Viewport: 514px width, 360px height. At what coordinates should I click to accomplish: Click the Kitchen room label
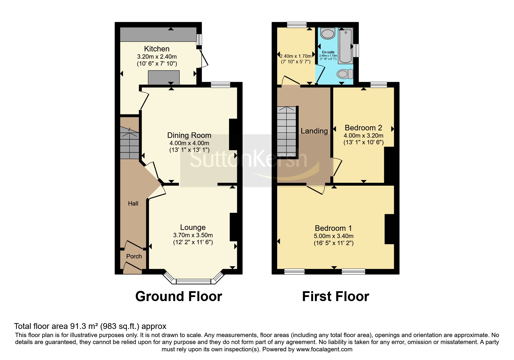[157, 49]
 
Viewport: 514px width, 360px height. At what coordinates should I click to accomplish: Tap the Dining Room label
[189, 135]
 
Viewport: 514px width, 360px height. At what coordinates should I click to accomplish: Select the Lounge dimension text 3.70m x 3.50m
[193, 235]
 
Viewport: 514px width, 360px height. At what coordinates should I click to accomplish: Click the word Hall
[133, 204]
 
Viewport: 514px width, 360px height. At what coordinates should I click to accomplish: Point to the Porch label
[134, 256]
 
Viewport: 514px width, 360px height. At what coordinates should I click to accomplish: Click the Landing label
[314, 131]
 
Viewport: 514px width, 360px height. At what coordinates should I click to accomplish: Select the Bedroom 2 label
[363, 128]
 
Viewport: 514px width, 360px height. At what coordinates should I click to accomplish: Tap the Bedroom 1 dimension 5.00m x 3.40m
[334, 236]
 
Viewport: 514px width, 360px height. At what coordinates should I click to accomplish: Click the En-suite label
[328, 52]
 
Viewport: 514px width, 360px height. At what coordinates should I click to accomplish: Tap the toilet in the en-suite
[345, 74]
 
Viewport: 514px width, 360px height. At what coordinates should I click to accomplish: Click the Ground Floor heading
[179, 296]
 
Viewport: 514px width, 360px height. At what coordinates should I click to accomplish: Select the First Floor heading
[336, 296]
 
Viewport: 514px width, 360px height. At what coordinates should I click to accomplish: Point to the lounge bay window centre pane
[193, 281]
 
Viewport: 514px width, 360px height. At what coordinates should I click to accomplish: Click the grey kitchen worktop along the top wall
[158, 35]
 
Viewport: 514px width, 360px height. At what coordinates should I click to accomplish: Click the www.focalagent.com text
[324, 349]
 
